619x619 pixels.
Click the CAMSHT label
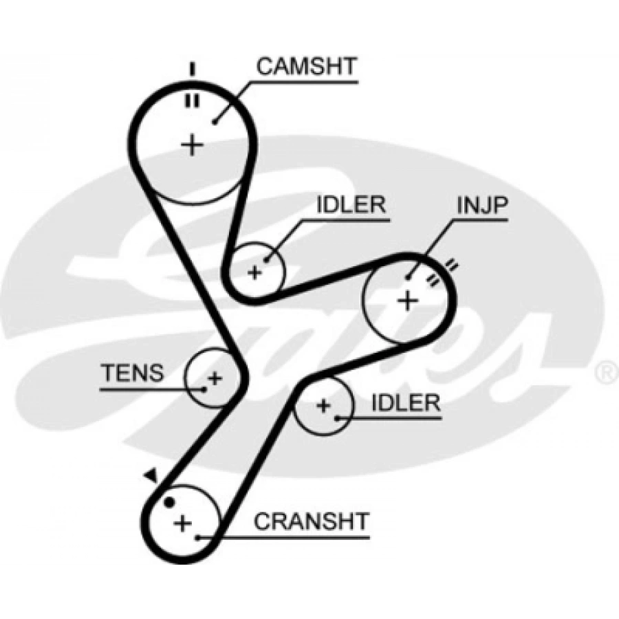(306, 67)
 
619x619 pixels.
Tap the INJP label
(481, 204)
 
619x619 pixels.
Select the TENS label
(132, 373)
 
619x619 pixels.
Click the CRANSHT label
(312, 521)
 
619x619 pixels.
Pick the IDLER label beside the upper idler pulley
(351, 205)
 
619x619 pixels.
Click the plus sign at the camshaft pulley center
(193, 144)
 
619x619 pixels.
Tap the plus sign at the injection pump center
(408, 300)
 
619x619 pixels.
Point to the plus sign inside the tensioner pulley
(215, 377)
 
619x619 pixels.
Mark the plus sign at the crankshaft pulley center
(182, 524)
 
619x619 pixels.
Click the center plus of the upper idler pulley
(255, 272)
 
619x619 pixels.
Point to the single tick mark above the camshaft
(193, 69)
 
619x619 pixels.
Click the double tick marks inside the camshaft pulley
(192, 100)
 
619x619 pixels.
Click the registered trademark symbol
(606, 373)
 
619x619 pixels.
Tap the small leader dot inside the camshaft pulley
(215, 122)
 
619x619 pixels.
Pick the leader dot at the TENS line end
(204, 389)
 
